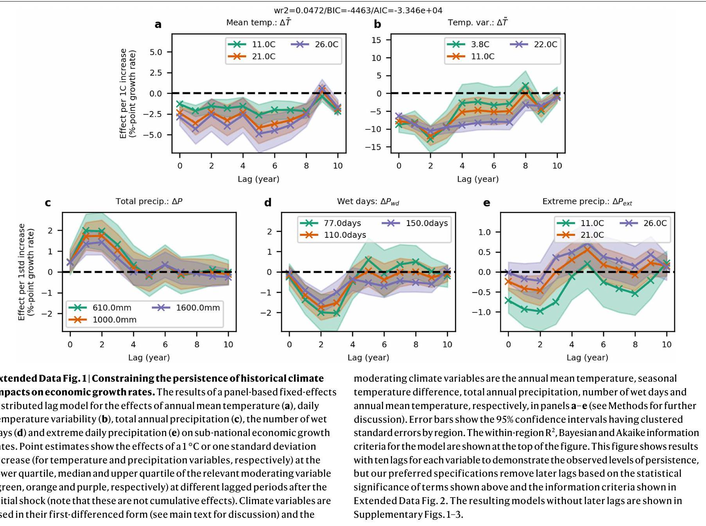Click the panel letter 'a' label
coord(158,25)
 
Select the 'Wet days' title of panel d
coord(368,202)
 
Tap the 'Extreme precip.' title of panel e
coord(587,202)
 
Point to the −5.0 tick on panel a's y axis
coord(156,135)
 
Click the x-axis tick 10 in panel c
coord(228,345)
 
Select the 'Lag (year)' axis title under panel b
coord(478,179)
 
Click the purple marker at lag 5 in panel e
coord(588,244)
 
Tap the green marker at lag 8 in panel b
coord(525,86)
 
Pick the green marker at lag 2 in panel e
coord(540,311)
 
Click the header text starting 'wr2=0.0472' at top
coord(358,11)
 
